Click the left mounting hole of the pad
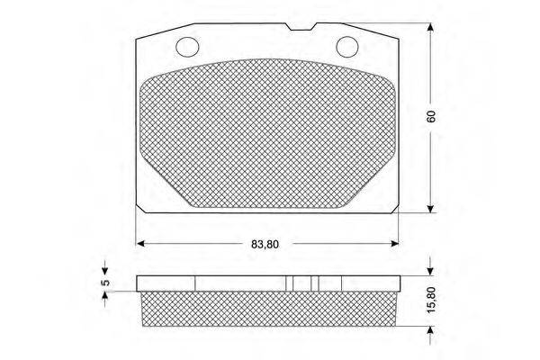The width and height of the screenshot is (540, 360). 187,47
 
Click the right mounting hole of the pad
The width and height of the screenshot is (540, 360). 347,47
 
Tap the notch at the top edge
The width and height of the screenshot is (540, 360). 301,27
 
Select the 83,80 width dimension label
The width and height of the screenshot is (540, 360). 265,244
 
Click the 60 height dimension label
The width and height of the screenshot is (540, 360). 431,116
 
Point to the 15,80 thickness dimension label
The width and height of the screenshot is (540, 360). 432,300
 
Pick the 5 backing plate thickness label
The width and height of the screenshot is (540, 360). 106,282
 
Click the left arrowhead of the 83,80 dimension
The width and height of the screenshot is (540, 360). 140,244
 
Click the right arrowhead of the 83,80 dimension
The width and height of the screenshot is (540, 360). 395,244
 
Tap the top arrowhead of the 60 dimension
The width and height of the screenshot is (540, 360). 430,27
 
